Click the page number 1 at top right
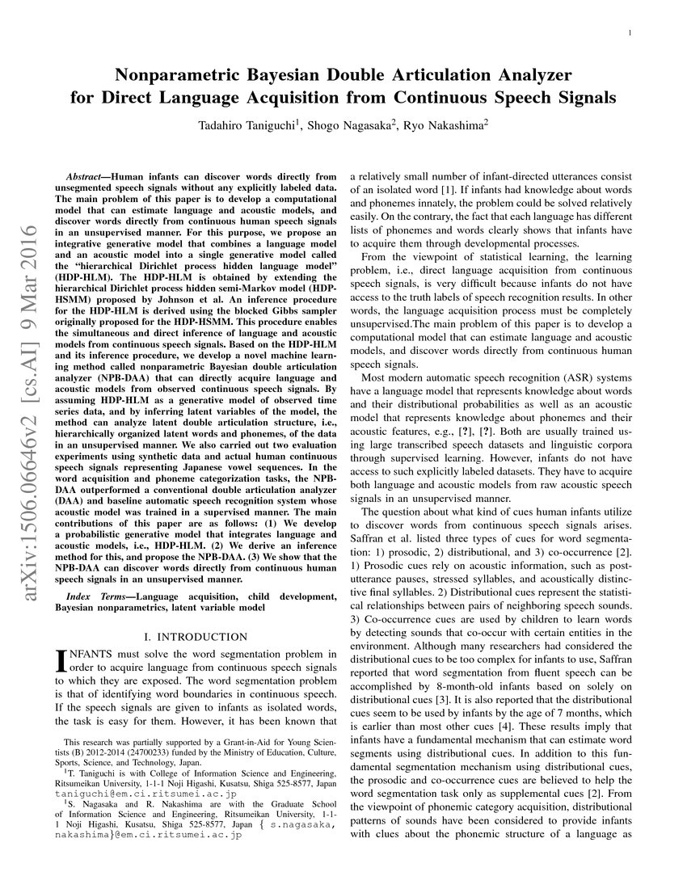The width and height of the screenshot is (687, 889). [629, 32]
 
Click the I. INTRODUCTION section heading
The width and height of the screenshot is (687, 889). [196, 637]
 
